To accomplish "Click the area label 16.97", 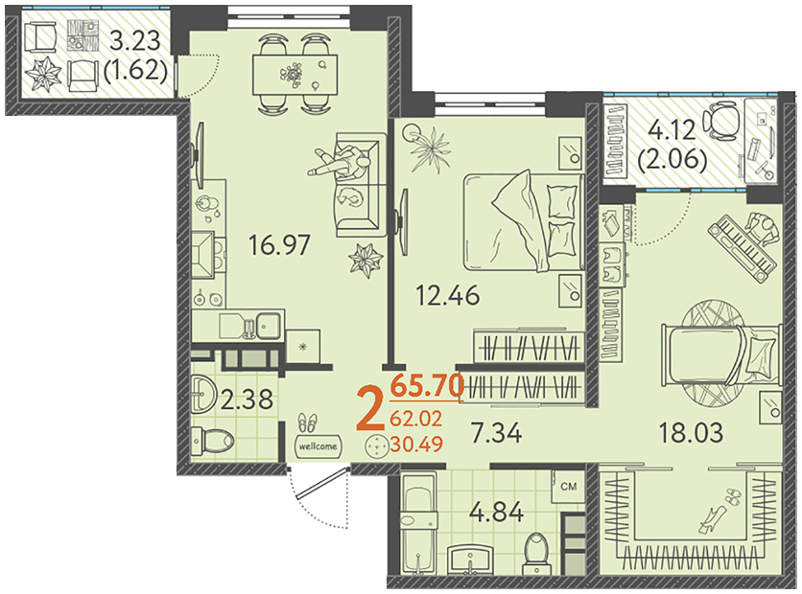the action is (279, 244).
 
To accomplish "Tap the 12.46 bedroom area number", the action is (448, 295).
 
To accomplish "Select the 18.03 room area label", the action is (691, 433).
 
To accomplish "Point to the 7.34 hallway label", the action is (496, 433).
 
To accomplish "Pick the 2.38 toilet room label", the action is (248, 399).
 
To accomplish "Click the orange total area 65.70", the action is (427, 385).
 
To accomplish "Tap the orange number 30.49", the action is (416, 444).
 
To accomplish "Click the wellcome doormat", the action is (318, 445).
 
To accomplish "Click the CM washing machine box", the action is (568, 486).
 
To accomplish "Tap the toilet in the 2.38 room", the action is (212, 440).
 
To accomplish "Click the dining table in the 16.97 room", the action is (295, 75).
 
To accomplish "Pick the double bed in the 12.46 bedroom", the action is (524, 221).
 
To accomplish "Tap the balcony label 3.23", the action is (135, 41).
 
